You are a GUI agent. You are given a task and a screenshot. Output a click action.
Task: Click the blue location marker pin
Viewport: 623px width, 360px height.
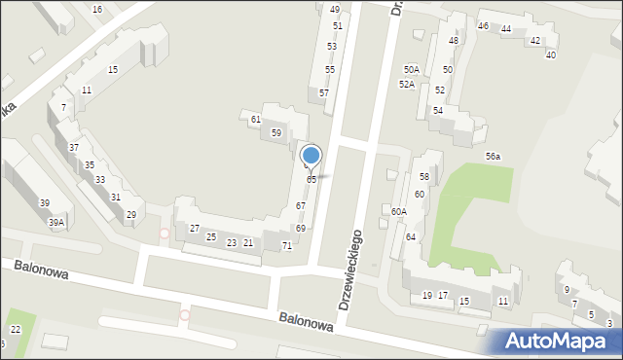click(x=311, y=156)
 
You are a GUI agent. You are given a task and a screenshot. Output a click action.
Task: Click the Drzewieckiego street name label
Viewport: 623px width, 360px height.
click(x=350, y=270)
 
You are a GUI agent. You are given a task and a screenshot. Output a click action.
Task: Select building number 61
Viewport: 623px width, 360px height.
click(x=255, y=119)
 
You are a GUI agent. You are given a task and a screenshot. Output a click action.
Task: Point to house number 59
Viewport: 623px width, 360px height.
click(x=276, y=132)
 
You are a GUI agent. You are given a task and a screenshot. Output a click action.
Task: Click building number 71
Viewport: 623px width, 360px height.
click(x=287, y=246)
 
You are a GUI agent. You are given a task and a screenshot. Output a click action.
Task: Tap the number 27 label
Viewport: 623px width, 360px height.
click(x=195, y=228)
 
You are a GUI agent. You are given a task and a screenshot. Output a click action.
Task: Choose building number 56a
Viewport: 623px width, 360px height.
click(x=494, y=157)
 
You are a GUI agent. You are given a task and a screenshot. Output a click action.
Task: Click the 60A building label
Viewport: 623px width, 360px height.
click(x=399, y=211)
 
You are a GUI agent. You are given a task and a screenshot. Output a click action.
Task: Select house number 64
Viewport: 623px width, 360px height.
click(x=411, y=237)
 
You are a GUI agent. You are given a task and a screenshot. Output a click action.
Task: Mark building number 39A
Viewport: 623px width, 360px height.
click(x=56, y=223)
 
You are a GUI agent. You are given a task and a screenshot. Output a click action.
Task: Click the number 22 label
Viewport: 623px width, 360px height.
click(x=16, y=330)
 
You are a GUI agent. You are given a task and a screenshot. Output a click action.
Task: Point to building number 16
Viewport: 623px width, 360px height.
click(x=97, y=9)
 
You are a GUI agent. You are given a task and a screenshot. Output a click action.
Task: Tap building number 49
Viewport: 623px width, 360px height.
click(x=335, y=9)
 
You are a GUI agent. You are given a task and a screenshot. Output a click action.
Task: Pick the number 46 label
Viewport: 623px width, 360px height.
click(x=484, y=25)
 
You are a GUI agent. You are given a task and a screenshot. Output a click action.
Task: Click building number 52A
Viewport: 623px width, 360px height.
click(x=407, y=85)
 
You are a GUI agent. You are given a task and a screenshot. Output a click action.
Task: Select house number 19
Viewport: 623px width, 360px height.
click(x=427, y=296)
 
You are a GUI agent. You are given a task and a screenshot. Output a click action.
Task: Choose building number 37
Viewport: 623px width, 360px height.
click(x=74, y=147)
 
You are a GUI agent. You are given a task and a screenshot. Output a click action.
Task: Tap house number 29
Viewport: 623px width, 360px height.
click(x=131, y=215)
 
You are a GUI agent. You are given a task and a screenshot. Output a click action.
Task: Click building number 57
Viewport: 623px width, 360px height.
click(x=324, y=92)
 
